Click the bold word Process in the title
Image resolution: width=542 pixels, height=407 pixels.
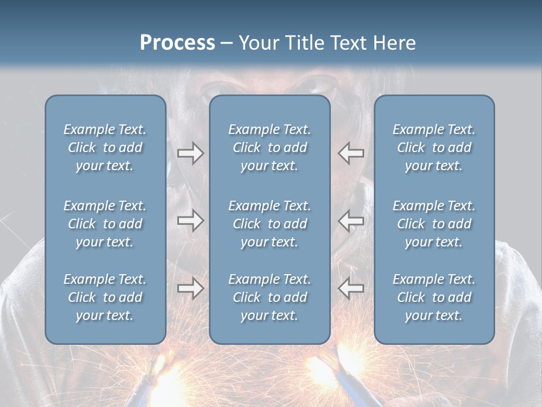(x=177, y=43)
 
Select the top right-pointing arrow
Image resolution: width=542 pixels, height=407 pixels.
(x=190, y=153)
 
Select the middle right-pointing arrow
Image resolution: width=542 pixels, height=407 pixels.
(x=190, y=220)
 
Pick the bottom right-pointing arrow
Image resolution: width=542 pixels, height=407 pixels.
(x=190, y=288)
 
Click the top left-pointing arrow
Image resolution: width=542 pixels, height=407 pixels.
(x=351, y=153)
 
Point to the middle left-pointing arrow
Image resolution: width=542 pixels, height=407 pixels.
(x=351, y=220)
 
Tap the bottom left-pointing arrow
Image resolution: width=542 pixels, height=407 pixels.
(x=351, y=288)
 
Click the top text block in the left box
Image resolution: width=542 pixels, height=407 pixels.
(x=105, y=148)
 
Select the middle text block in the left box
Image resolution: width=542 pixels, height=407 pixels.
(x=105, y=224)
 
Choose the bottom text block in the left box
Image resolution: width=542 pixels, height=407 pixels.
(x=105, y=297)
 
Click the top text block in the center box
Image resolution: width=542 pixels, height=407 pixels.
(x=269, y=148)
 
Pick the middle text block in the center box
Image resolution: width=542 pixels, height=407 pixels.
(x=269, y=224)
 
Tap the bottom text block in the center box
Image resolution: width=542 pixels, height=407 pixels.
(x=269, y=297)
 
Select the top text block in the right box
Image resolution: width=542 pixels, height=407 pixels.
(x=434, y=148)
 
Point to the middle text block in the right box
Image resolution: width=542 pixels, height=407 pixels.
(x=434, y=224)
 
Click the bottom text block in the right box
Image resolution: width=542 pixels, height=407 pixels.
(x=434, y=297)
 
